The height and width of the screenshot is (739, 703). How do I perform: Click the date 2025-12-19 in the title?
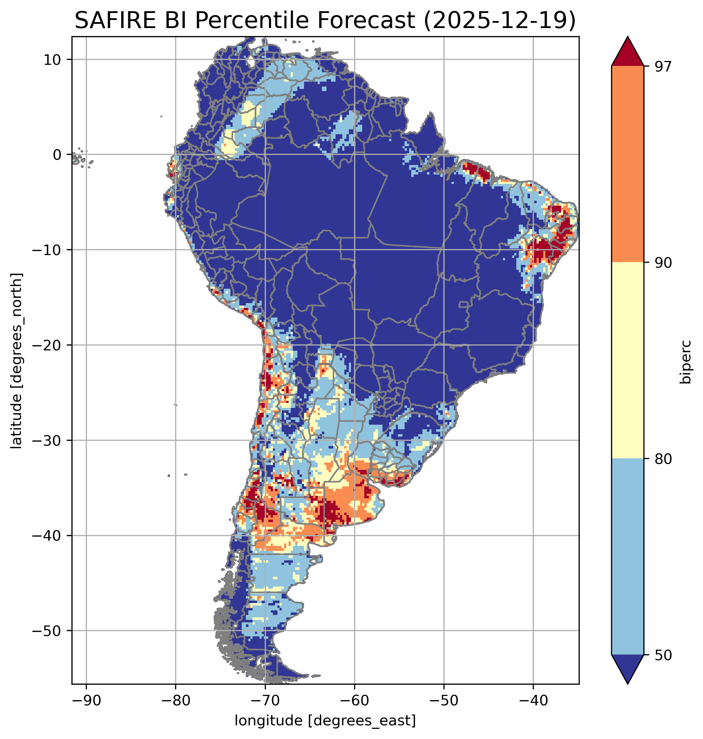click(499, 21)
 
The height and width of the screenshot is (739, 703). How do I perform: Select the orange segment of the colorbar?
click(627, 164)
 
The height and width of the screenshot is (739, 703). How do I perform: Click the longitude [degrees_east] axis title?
click(325, 721)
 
